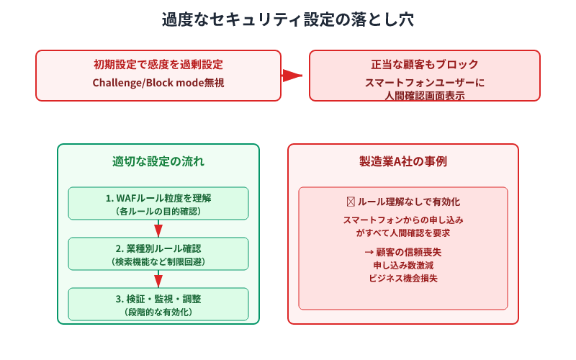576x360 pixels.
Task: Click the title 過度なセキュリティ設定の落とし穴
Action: [x=288, y=20]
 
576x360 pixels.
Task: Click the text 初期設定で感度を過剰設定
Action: [x=158, y=65]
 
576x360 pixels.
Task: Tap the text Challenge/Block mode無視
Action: [x=158, y=83]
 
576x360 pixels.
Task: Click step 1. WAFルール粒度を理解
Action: [x=158, y=198]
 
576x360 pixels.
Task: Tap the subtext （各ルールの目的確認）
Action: [x=158, y=212]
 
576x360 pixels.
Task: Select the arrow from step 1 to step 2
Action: [x=158, y=229]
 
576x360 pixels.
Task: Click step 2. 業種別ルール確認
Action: [x=158, y=248]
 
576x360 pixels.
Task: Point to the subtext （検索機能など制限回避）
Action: [x=158, y=262]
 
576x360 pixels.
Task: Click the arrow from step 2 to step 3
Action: [x=158, y=279]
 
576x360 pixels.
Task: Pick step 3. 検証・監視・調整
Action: [x=158, y=299]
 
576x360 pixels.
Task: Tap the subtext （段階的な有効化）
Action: [x=158, y=312]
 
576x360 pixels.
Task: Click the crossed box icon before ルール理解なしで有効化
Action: [x=351, y=202]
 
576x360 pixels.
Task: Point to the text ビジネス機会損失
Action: [x=403, y=278]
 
